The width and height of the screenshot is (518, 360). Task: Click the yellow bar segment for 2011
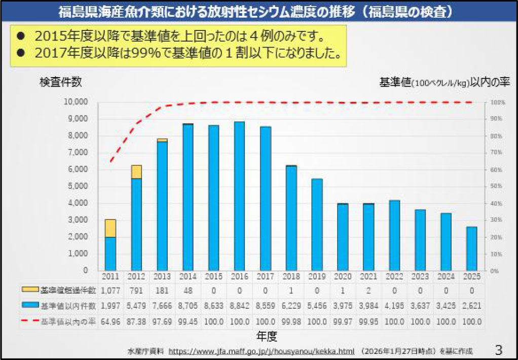coord(110,228)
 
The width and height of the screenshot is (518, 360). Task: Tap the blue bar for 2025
coord(472,248)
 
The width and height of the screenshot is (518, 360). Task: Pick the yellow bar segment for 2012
coord(136,172)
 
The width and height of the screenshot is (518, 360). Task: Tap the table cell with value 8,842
coord(239,306)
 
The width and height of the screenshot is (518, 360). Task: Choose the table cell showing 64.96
coord(110,321)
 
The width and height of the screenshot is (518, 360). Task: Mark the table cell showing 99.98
coord(291,321)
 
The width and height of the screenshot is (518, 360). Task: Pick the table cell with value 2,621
coord(472,306)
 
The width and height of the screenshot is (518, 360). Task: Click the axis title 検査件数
coord(60,82)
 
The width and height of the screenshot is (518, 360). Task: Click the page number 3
coord(499,349)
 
